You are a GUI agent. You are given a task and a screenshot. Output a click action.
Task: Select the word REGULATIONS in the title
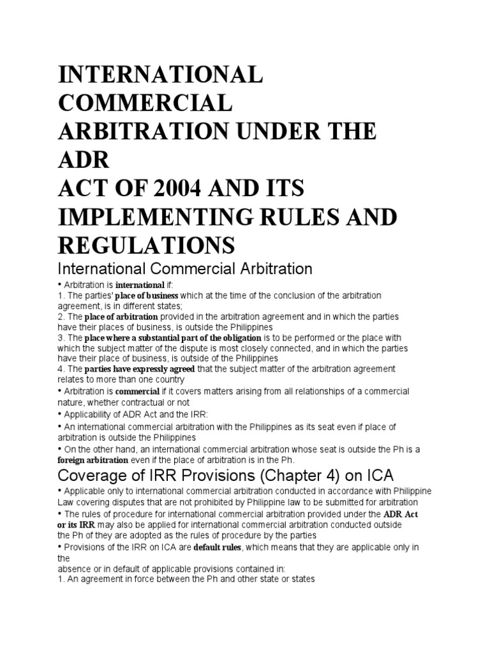[147, 243]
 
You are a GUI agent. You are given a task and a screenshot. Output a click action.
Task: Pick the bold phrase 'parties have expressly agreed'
[139, 369]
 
